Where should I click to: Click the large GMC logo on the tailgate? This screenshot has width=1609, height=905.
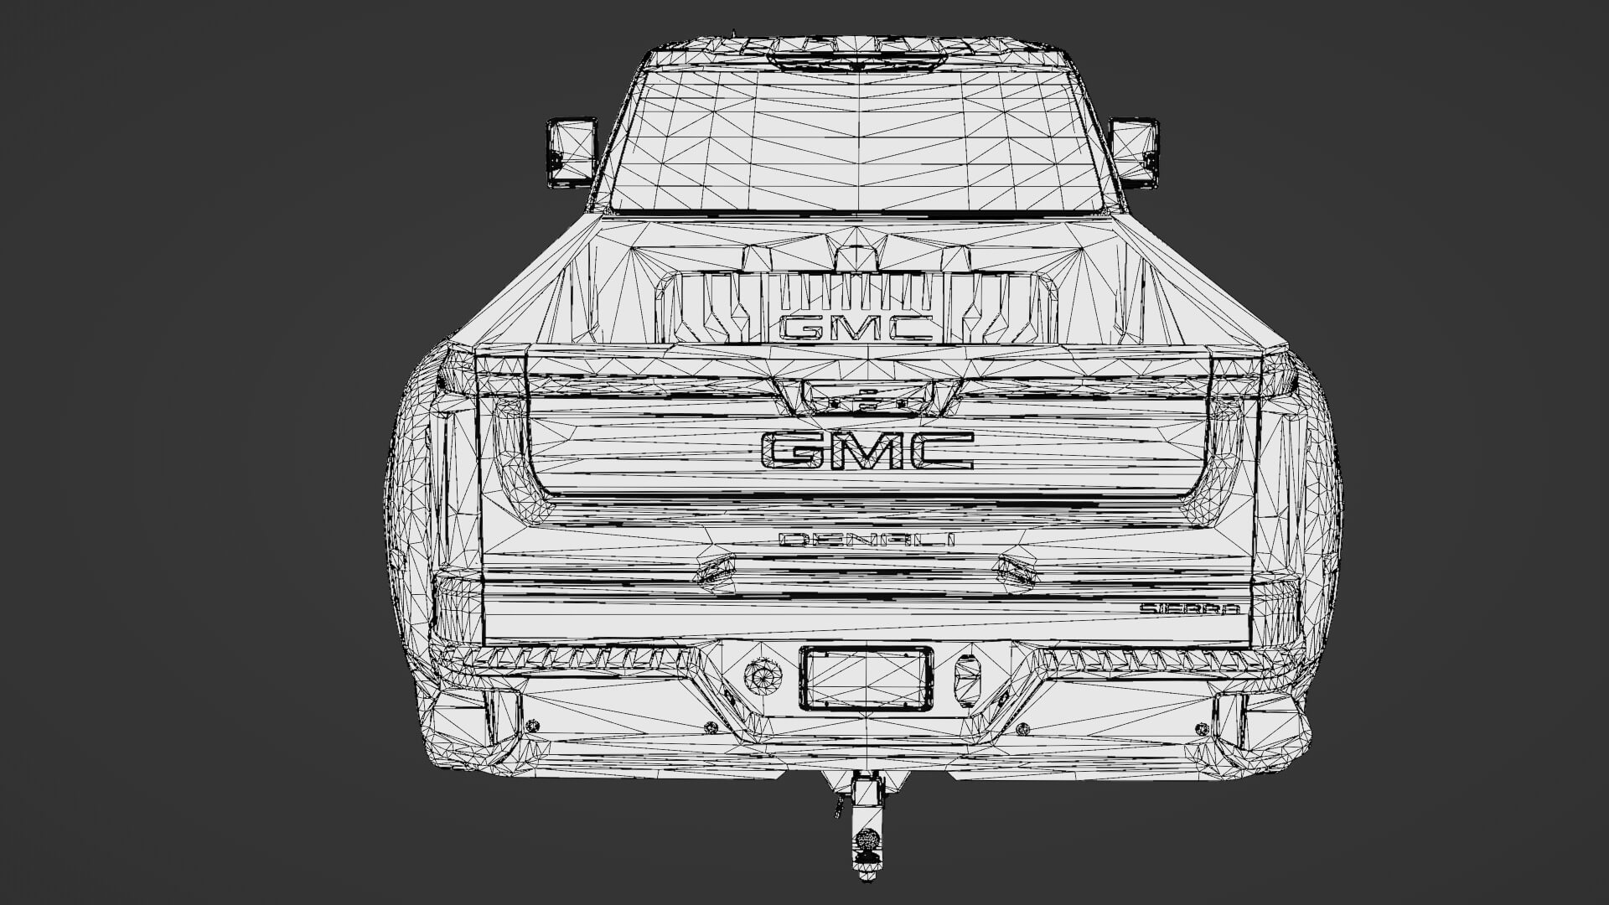[x=867, y=450]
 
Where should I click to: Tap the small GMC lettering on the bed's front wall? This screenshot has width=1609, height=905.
[x=856, y=328]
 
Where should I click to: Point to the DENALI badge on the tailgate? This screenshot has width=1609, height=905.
[x=867, y=540]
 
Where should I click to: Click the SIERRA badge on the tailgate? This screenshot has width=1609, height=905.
[x=1188, y=609]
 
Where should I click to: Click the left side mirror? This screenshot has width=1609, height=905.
[x=571, y=151]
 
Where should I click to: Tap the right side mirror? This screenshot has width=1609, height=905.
[x=1134, y=152]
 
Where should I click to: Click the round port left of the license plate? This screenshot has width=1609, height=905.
[x=763, y=675]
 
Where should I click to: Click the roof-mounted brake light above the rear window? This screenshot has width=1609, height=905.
[x=855, y=59]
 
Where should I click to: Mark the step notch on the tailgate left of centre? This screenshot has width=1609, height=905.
[x=717, y=570]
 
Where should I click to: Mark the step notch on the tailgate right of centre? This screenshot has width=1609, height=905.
[x=1016, y=570]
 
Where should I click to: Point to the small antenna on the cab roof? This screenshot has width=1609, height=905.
[x=735, y=35]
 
